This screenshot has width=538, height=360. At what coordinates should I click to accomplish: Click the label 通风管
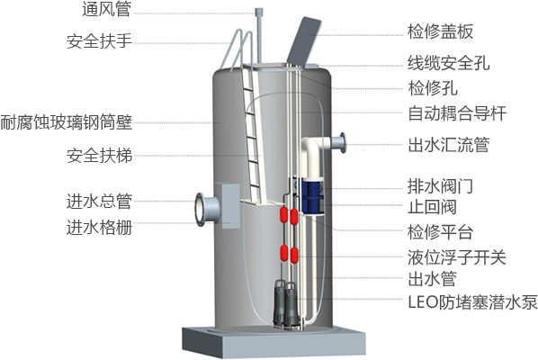coord(106,9)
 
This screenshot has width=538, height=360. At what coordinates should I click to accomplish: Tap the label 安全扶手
coord(99,40)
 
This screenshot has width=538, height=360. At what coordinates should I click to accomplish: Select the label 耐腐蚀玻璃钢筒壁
coord(67,122)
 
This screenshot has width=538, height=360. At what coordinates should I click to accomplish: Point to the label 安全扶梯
coord(99,155)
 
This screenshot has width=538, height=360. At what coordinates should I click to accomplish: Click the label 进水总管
coord(99,201)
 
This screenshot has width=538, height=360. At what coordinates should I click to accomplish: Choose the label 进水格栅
coord(99,228)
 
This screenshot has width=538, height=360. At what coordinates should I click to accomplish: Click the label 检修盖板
coord(440,31)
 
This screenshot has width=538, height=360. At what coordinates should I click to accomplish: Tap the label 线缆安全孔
coord(448,63)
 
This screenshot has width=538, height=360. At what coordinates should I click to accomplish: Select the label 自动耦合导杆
coord(457,113)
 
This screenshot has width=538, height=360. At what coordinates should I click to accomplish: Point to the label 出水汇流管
coord(448,145)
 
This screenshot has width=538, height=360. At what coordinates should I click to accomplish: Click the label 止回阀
coord(432,207)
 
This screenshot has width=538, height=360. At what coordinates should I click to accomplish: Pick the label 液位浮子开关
coord(457,257)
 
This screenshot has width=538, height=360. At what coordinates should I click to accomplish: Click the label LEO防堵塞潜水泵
coord(472,302)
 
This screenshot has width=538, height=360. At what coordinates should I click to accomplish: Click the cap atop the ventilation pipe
coord(259,12)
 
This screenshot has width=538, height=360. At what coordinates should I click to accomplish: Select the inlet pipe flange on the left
coord(200,209)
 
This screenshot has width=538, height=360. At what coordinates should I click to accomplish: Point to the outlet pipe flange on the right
coord(343,142)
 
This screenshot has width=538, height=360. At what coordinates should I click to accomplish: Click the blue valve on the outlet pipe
coord(309,195)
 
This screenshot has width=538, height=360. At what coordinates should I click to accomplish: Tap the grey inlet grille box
coord(227,206)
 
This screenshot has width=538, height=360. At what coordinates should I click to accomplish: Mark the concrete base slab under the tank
coord(273,341)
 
